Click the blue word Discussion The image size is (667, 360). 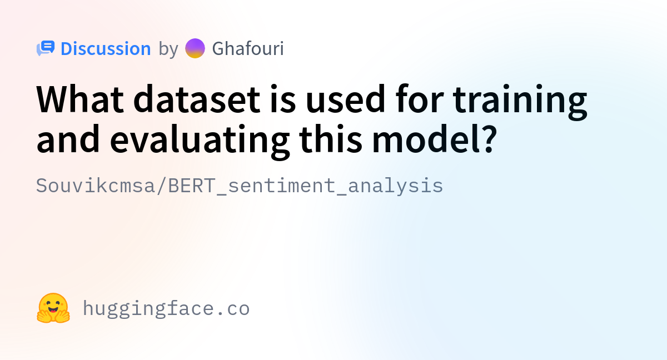coord(106,48)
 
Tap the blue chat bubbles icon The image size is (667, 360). coord(46,48)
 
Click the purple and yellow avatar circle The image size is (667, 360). coord(195,48)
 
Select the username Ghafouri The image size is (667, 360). coord(248,48)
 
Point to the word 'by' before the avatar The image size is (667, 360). coord(168,49)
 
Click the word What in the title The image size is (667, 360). coord(80,99)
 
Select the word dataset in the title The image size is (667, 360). coord(197,99)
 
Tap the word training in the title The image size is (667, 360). coord(520,102)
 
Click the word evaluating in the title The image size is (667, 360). coord(200,142)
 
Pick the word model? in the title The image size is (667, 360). coord(435,139)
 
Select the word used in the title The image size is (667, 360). coord(346,99)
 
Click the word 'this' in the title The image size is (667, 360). coord(331,139)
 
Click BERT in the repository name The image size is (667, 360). coord(191,186)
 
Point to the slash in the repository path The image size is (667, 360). coord(162,186)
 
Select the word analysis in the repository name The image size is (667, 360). coord(395,186)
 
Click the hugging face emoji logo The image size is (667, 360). coord(53,308)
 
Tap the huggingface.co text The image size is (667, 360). coord(166,308)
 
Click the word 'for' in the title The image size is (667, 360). coord(419,99)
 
